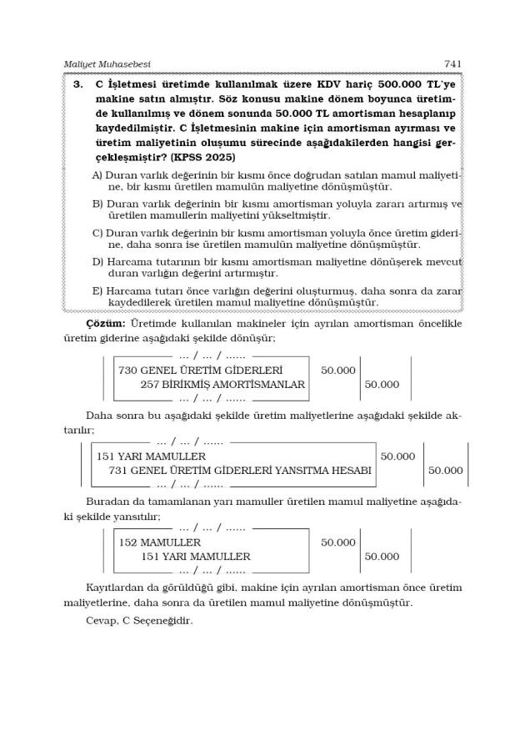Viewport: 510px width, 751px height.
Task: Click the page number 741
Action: coord(452,63)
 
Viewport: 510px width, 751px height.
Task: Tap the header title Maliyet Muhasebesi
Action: coord(107,63)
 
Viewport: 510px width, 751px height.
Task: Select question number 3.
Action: coord(77,84)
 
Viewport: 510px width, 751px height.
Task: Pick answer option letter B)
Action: coord(97,204)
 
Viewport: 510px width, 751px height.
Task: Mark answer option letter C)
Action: coord(97,233)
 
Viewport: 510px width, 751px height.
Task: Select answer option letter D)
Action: coord(97,262)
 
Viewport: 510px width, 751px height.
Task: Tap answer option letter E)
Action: coord(97,291)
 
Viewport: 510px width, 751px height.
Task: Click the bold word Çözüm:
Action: coord(106,322)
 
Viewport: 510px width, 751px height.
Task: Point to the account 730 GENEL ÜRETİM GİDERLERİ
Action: coord(200,370)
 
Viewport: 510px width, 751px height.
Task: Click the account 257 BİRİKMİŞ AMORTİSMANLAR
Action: coord(222,385)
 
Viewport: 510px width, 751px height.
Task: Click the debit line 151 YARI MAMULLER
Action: coord(151,456)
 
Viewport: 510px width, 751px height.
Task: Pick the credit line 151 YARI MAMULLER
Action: coord(195,557)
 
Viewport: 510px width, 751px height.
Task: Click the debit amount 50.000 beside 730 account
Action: coord(337,370)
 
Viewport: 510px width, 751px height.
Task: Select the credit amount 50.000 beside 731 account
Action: coord(445,471)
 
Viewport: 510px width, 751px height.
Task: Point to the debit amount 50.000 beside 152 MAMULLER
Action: coord(337,542)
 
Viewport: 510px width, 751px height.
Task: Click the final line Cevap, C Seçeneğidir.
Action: coord(139,620)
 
